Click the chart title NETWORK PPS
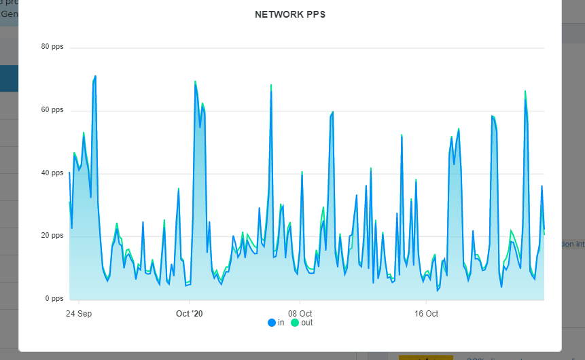(x=290, y=14)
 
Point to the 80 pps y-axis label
(x=52, y=47)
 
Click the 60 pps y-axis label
(x=52, y=110)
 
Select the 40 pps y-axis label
(x=52, y=173)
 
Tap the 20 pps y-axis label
(x=52, y=236)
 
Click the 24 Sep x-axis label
(x=79, y=314)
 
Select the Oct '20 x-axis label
(x=190, y=314)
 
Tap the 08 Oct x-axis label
(x=300, y=314)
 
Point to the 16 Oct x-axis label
(x=426, y=314)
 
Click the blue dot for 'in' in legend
(x=272, y=323)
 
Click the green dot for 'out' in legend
(x=295, y=323)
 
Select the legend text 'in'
(x=281, y=323)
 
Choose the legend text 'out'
(x=307, y=323)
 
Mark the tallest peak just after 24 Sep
(x=95, y=76)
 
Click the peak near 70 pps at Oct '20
(x=195, y=82)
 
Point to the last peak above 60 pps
(x=525, y=92)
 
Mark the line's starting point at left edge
(x=69, y=173)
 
